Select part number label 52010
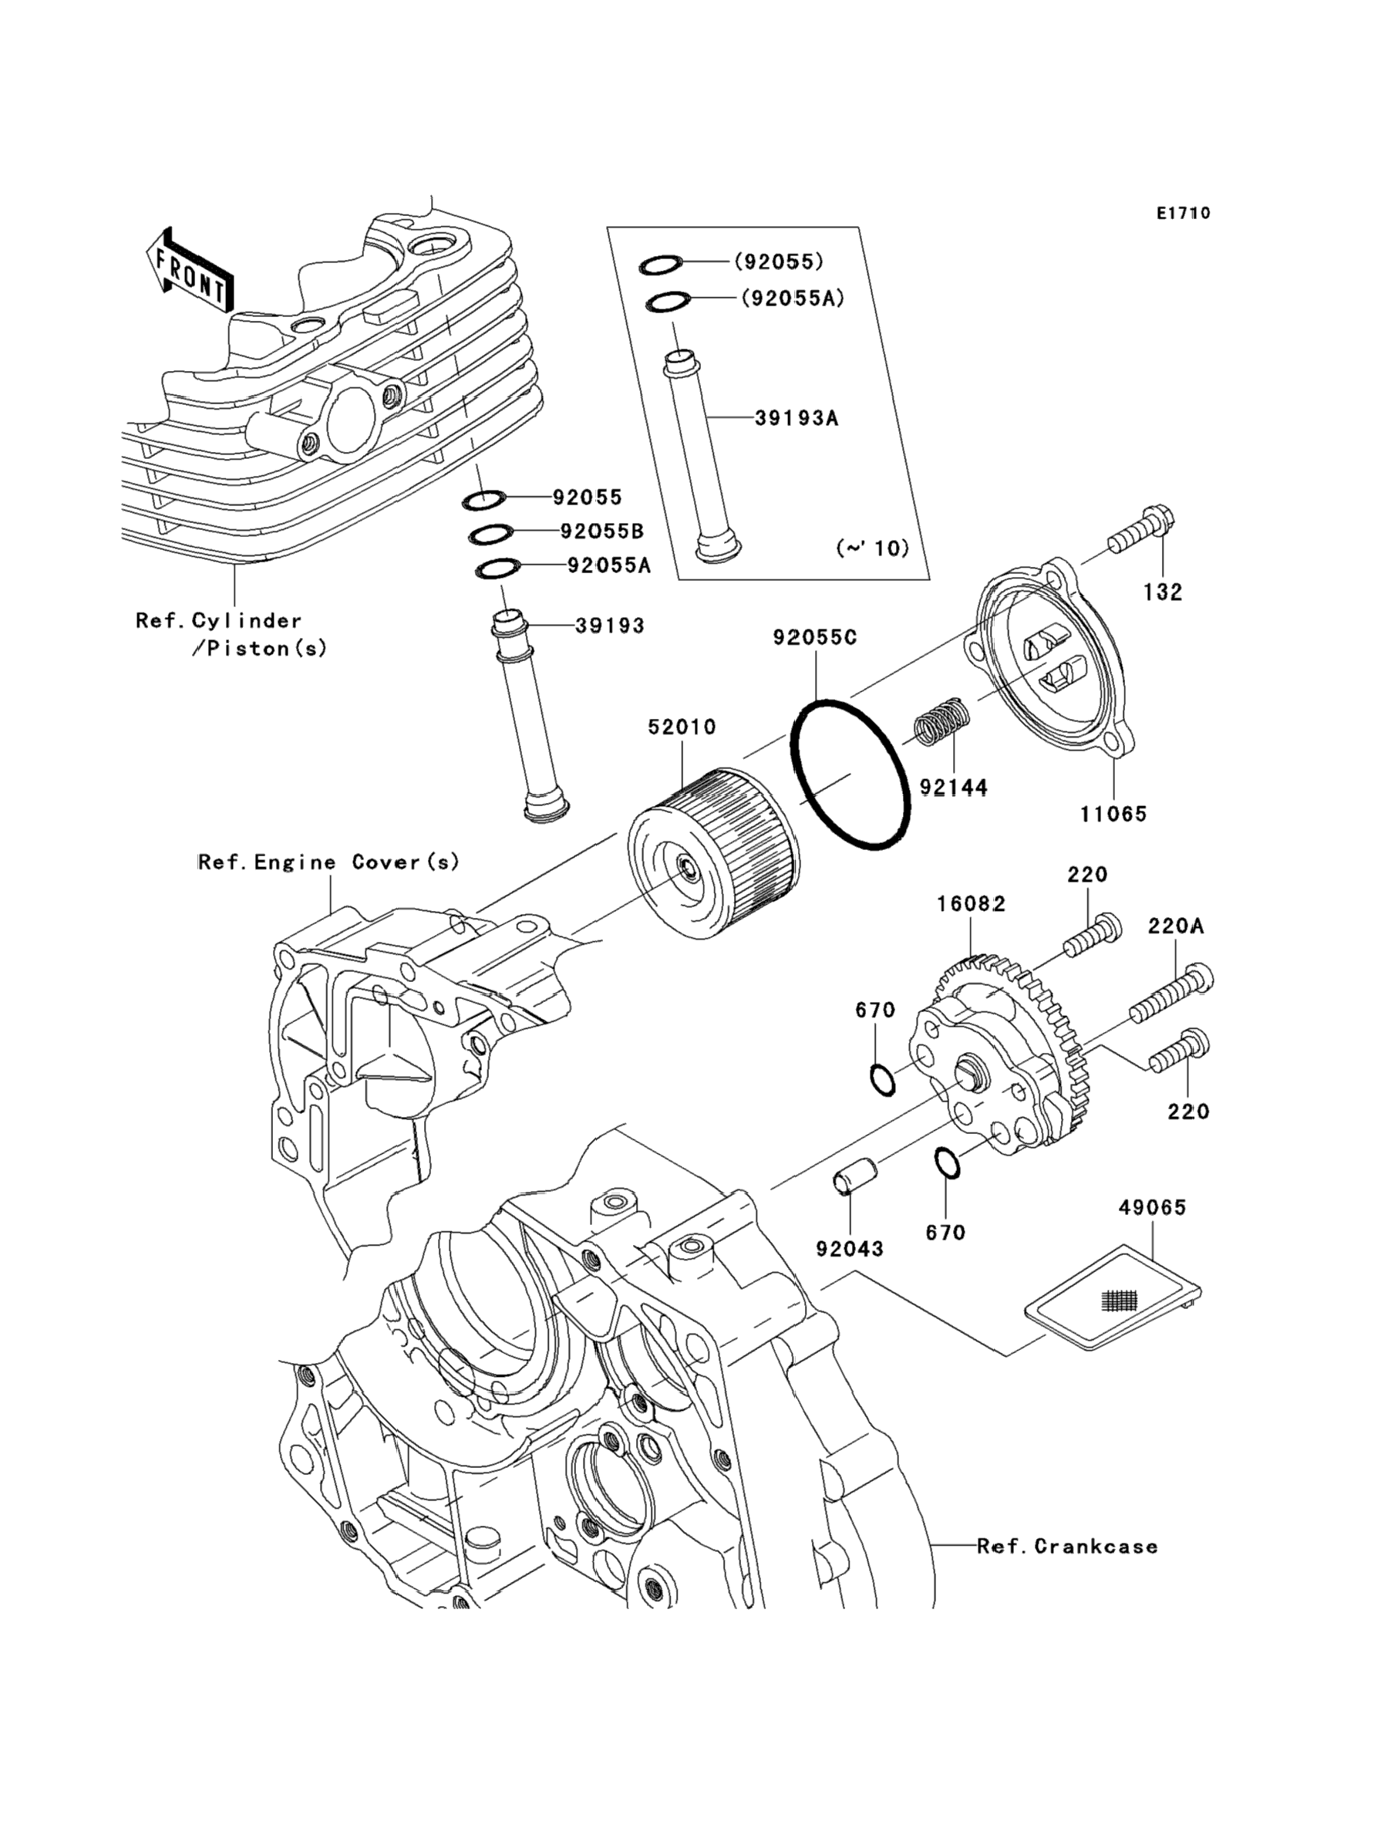click(682, 727)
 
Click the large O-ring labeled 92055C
click(851, 774)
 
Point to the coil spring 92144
click(941, 721)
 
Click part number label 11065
click(1113, 814)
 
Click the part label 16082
click(972, 903)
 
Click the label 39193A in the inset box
click(797, 418)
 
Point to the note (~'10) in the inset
click(872, 548)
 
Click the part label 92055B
click(602, 531)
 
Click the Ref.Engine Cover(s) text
click(328, 862)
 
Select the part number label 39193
click(609, 626)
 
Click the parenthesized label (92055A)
click(793, 297)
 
